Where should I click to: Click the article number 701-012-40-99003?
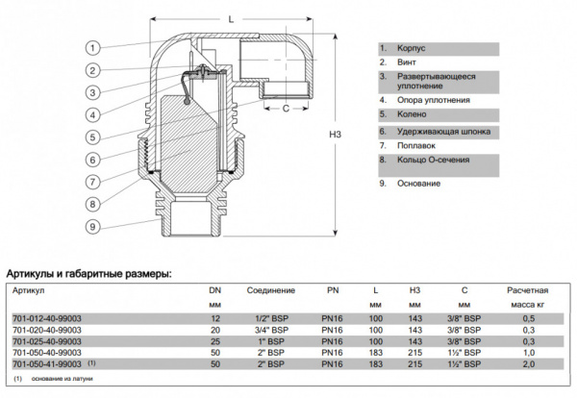point(45,318)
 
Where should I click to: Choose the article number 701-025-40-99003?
point(45,341)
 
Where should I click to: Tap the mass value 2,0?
point(526,364)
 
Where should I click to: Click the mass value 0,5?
point(526,318)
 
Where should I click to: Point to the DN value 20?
point(214,330)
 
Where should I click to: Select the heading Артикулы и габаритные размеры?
point(88,273)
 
